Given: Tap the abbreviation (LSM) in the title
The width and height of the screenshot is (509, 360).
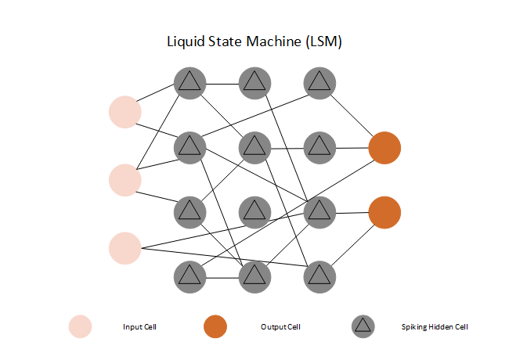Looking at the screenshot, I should point(323,42).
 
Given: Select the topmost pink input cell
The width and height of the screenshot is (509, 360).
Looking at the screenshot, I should point(125,111).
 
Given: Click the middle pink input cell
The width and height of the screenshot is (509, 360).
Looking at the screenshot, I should point(125,180).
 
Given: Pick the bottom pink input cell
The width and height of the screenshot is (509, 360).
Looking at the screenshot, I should point(125,248).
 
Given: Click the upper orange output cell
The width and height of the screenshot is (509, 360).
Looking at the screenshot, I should point(384,148).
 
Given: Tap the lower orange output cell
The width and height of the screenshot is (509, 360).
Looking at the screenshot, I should point(384,212).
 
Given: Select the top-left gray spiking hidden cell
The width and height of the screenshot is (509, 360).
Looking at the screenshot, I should point(190,81).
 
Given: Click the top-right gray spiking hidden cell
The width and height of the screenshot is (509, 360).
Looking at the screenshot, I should point(319,81).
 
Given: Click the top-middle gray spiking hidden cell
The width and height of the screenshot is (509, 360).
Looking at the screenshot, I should point(254,81).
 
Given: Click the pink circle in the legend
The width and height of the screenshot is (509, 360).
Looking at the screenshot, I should point(81,326).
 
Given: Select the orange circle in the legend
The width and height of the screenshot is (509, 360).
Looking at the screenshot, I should point(215,326).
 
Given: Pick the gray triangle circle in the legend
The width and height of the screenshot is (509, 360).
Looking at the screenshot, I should point(363,326).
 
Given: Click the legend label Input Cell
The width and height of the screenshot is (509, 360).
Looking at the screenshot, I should point(140,326).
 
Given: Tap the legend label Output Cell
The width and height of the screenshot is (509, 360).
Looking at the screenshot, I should point(280,326).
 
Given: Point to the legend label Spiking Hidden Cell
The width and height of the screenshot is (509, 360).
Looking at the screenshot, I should point(434,326).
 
